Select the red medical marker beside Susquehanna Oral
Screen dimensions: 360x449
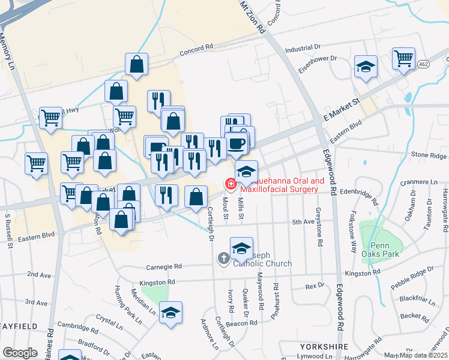[x=230, y=183]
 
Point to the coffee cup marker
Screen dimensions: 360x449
[x=237, y=143]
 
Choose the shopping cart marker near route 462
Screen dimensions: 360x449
[x=404, y=59]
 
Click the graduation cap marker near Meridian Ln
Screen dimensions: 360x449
[x=171, y=313]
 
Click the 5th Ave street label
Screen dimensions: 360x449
[x=303, y=222]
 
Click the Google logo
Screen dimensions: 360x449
[x=20, y=352]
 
